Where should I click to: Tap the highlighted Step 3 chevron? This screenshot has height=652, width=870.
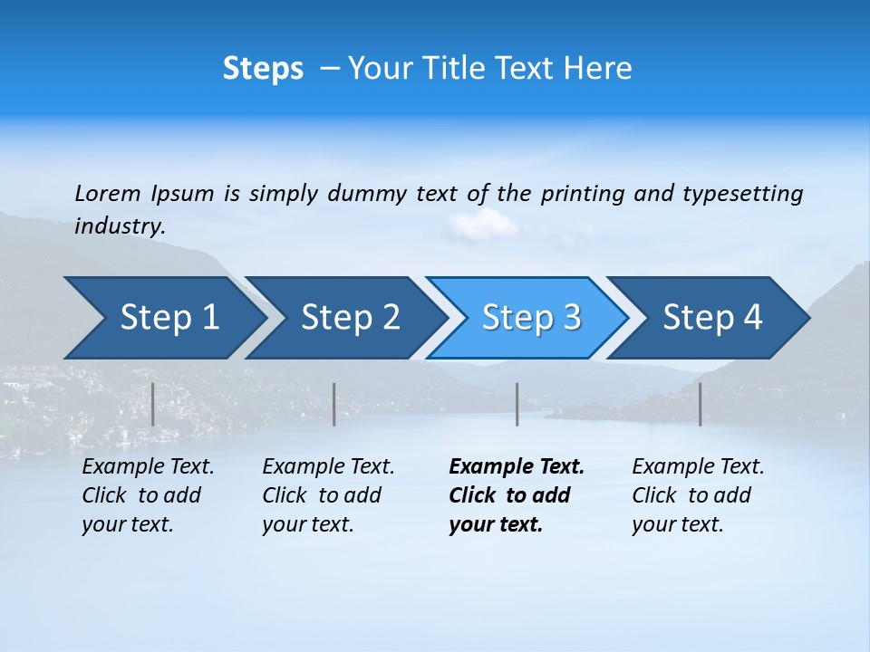pos(531,318)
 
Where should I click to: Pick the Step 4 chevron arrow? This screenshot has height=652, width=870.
pos(712,318)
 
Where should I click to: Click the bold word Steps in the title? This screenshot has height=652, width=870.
pos(263,69)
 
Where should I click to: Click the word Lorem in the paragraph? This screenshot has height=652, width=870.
pos(108,193)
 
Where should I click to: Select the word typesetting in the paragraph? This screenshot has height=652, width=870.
pos(742,194)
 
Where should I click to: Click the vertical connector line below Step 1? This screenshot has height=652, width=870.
pos(153,404)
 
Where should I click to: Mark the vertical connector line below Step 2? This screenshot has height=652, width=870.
pos(334,404)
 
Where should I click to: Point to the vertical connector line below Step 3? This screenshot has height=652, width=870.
pos(517,404)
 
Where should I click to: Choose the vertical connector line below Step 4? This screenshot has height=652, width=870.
pos(700,404)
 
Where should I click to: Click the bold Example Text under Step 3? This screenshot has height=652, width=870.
pos(517,467)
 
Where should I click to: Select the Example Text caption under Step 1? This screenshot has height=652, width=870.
pos(148,467)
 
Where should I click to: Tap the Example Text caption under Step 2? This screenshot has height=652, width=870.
pos(328,467)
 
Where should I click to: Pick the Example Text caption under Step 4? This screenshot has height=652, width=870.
pos(698,467)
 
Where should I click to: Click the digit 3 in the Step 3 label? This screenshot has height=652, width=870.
pos(570,318)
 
